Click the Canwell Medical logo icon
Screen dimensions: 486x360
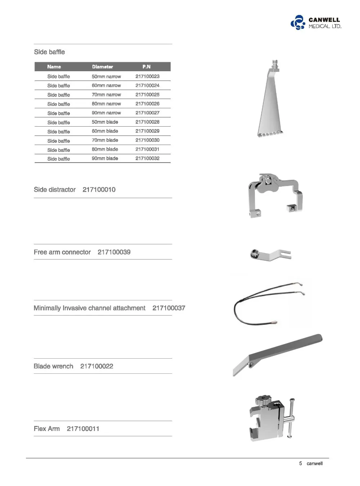[298, 22]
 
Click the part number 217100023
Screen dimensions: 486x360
[147, 76]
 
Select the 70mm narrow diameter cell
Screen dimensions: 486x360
[106, 95]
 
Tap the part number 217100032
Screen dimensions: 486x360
[147, 158]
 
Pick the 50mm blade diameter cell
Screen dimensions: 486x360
[105, 122]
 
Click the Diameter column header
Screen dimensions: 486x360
[102, 67]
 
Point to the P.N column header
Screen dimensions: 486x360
[146, 67]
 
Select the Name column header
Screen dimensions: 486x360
[54, 67]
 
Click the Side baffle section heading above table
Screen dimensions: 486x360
[49, 52]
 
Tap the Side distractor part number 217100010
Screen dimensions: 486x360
[99, 190]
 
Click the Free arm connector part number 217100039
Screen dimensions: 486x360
[114, 252]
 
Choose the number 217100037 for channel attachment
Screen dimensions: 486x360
[168, 308]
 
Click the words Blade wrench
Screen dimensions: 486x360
[53, 366]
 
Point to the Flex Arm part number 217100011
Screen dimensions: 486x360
[83, 429]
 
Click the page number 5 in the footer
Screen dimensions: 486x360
[301, 463]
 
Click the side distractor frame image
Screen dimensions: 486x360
[275, 194]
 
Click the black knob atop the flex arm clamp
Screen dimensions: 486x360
[263, 400]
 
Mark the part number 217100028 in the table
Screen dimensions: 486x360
[147, 122]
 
